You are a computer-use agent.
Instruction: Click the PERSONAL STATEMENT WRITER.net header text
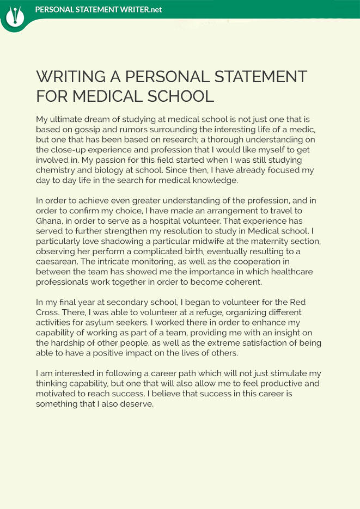[98, 10]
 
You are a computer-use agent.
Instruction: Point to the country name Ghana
[50, 220]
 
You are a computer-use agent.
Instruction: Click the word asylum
[95, 323]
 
